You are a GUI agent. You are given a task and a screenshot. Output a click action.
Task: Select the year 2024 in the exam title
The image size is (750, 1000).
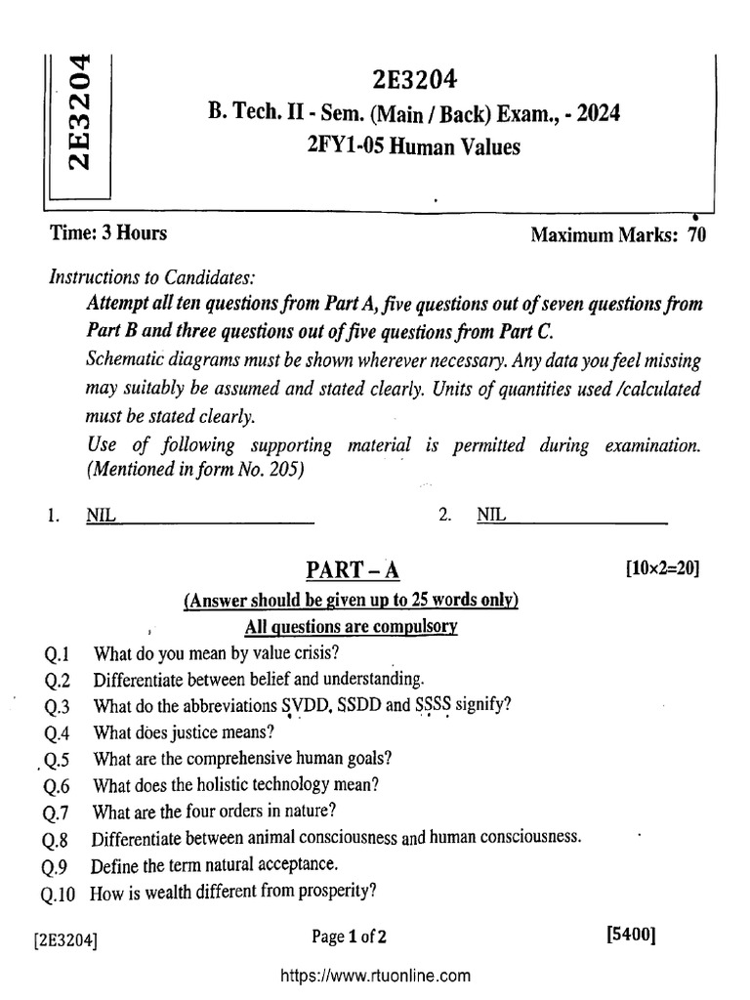pyautogui.click(x=595, y=114)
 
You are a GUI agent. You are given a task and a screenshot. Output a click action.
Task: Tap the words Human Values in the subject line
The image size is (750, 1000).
pyautogui.click(x=464, y=147)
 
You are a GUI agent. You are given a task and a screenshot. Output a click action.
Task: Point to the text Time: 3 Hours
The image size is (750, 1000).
pyautogui.click(x=107, y=233)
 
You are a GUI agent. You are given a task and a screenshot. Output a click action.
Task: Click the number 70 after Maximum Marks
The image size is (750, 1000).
pyautogui.click(x=696, y=235)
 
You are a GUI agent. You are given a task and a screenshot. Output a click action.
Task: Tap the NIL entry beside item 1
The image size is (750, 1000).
pyautogui.click(x=101, y=516)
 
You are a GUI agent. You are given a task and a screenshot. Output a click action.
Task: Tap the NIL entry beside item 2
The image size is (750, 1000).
pyautogui.click(x=491, y=516)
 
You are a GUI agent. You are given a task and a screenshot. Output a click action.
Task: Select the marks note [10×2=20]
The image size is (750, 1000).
pyautogui.click(x=662, y=568)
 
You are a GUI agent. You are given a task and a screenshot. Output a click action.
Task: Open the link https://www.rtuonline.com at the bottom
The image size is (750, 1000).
pyautogui.click(x=376, y=975)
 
